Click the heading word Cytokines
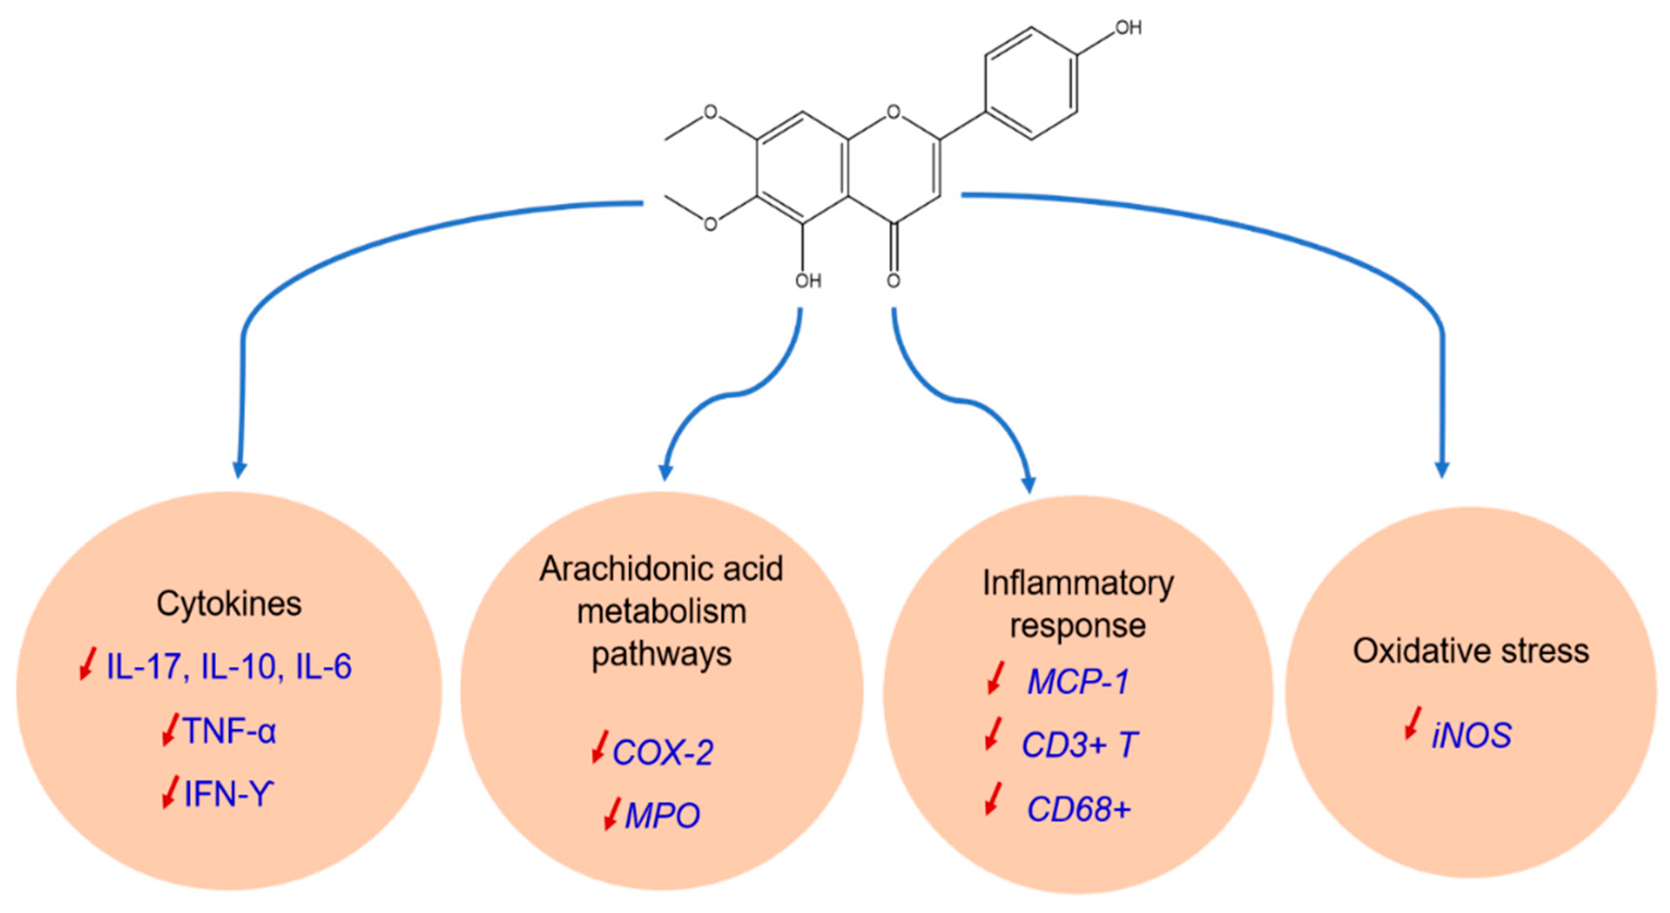pyautogui.click(x=229, y=604)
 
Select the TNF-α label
pyautogui.click(x=229, y=731)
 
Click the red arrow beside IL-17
pyautogui.click(x=87, y=664)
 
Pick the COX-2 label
pyautogui.click(x=662, y=752)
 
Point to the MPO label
pyautogui.click(x=662, y=816)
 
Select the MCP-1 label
pyautogui.click(x=1078, y=681)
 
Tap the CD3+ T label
pyautogui.click(x=1079, y=744)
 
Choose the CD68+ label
pyautogui.click(x=1079, y=809)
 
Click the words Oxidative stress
pyautogui.click(x=1470, y=651)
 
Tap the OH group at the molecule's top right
pyautogui.click(x=1127, y=28)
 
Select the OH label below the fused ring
pyautogui.click(x=808, y=281)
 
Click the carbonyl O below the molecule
pyautogui.click(x=893, y=281)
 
